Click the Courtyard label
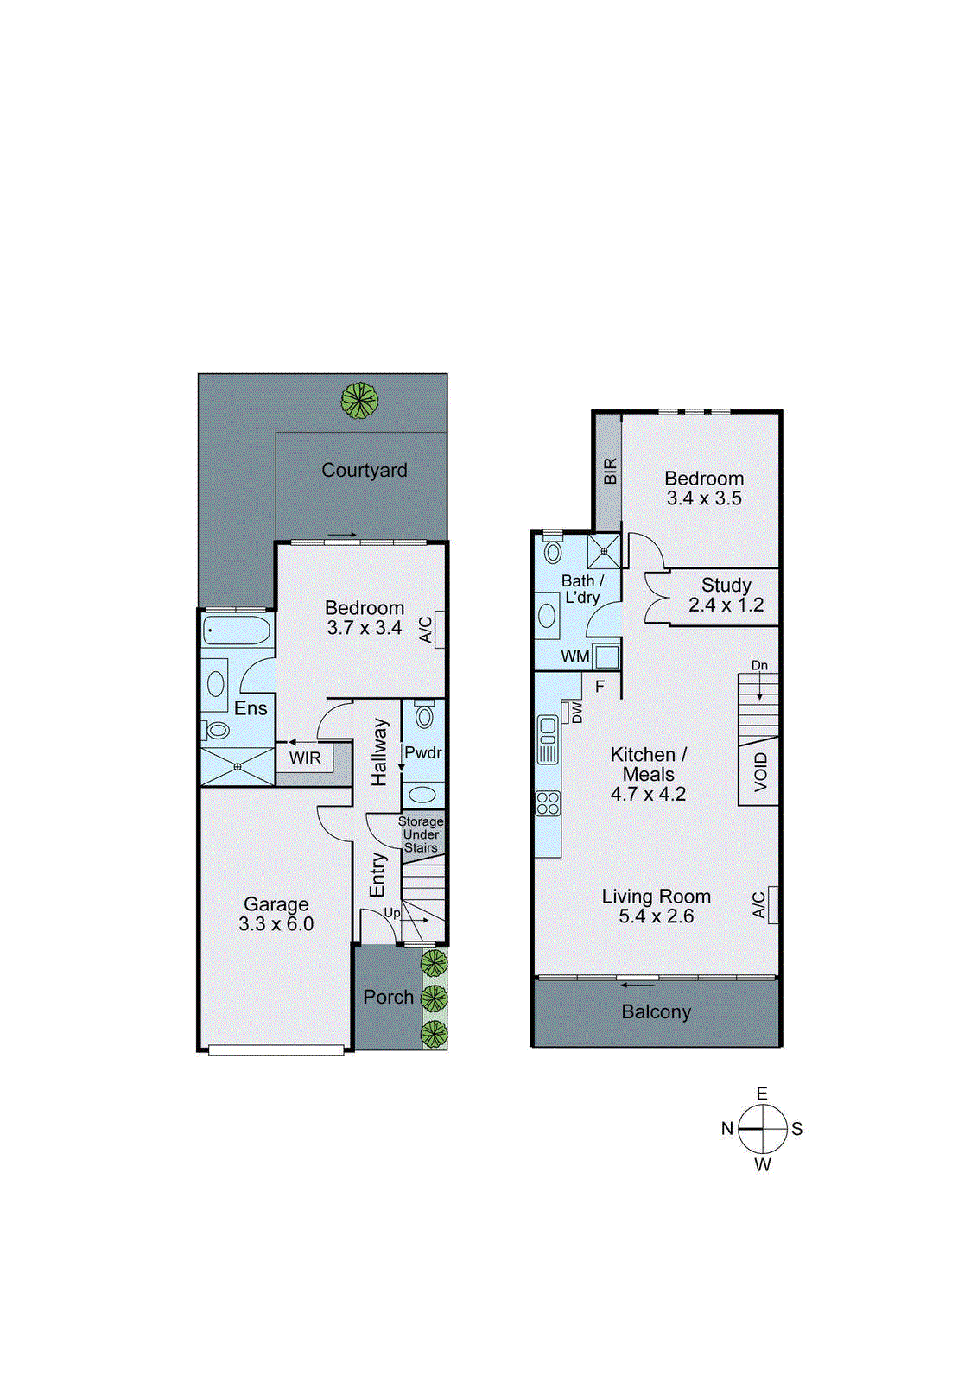364,471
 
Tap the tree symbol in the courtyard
358,400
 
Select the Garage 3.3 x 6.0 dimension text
276,924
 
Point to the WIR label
305,758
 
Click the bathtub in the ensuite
237,631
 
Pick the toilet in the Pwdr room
423,716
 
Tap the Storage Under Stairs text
421,834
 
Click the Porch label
388,997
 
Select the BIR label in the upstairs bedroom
610,472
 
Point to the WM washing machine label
575,656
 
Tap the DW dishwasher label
576,713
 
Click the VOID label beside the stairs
760,771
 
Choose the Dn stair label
759,666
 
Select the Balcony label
656,1011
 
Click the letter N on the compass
727,1128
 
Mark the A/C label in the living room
758,905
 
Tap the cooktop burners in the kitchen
548,803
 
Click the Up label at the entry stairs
392,913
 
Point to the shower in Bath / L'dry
605,550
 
